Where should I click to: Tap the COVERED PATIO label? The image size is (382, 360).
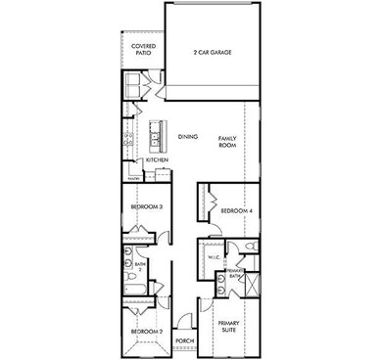click(143, 50)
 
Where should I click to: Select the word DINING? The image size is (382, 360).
click(189, 138)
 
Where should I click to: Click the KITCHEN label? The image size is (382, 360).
click(158, 160)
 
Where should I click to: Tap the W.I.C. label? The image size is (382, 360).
click(215, 257)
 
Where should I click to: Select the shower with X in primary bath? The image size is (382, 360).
click(252, 286)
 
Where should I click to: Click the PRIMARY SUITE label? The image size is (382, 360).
click(229, 326)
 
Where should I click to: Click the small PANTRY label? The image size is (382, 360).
click(133, 178)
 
